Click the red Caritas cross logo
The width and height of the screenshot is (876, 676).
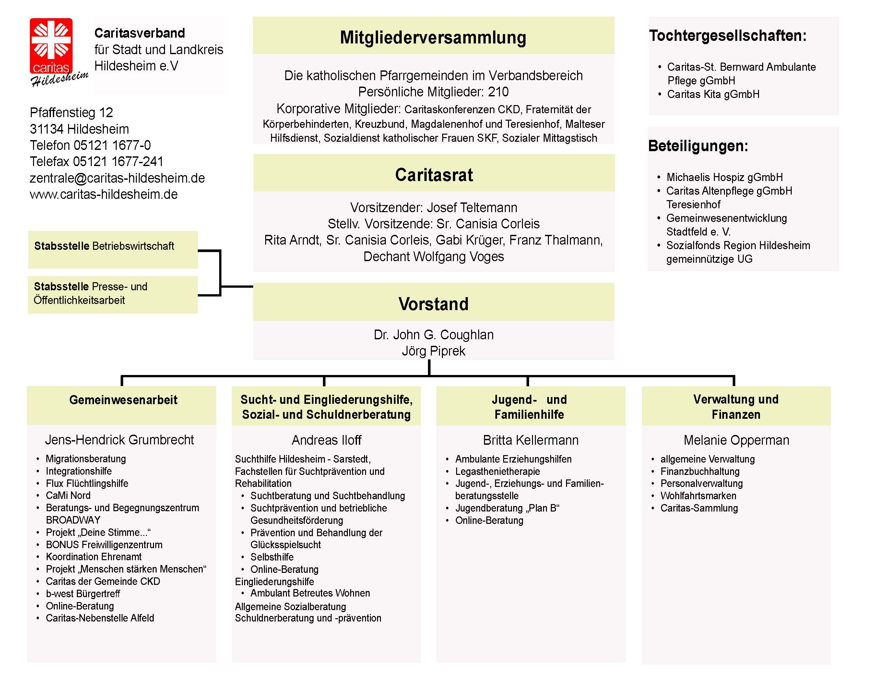click(51, 46)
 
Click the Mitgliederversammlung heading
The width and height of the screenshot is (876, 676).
click(433, 37)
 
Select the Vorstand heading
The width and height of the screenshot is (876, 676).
click(433, 304)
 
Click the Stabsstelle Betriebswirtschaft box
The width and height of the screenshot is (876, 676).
click(113, 249)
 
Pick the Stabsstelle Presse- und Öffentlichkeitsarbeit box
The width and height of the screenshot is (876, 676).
click(113, 295)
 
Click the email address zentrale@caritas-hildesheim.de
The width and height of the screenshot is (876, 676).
click(117, 178)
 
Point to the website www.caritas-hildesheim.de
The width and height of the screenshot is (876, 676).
click(103, 194)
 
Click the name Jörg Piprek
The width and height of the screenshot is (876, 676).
click(433, 351)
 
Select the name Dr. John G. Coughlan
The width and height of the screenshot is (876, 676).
click(433, 334)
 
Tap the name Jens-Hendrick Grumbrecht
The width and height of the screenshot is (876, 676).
click(120, 440)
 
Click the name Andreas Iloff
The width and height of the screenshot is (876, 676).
click(326, 440)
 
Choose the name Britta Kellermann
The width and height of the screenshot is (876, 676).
click(531, 440)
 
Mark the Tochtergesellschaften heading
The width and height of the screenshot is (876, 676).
click(728, 36)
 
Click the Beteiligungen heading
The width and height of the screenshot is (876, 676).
click(698, 146)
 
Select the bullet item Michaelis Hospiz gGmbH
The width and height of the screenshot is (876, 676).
click(724, 177)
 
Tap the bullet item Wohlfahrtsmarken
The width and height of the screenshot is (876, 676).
click(698, 496)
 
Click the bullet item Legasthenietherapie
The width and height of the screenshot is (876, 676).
click(497, 471)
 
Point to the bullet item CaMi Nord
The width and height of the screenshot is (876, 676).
click(68, 495)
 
